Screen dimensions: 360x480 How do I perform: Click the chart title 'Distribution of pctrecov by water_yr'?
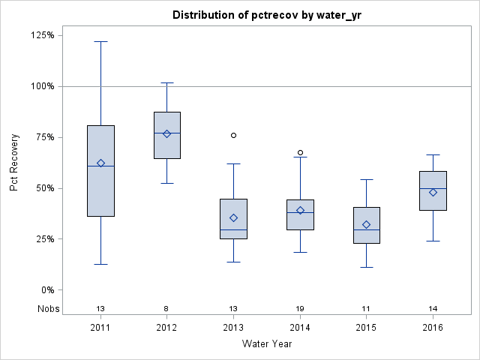coord(266,15)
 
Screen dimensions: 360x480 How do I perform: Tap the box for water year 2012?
coord(166,135)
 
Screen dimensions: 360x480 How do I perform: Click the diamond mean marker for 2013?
coord(233,217)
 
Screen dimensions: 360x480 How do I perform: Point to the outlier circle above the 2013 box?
coord(233,135)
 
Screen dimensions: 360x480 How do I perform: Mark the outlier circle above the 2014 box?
coord(300,152)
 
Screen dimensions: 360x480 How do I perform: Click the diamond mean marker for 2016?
coord(433,192)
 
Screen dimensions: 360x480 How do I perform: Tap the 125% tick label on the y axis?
coord(42,35)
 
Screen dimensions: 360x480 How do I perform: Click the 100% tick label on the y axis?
coord(42,86)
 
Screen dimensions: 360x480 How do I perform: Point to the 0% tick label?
coord(46,290)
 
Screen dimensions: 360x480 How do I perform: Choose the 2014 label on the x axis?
coord(300,328)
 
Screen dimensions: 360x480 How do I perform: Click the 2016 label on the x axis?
coord(433,328)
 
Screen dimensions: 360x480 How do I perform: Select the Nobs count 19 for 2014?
coord(300,308)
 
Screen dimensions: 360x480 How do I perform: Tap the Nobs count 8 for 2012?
coord(166,308)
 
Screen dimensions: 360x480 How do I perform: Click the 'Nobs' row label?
coord(49,308)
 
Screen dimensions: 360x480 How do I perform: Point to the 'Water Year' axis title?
coord(266,344)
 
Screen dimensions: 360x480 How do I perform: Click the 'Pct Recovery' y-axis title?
coord(14,163)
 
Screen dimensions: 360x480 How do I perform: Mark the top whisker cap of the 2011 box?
coord(100,41)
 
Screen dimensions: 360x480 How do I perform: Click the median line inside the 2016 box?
coord(433,188)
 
